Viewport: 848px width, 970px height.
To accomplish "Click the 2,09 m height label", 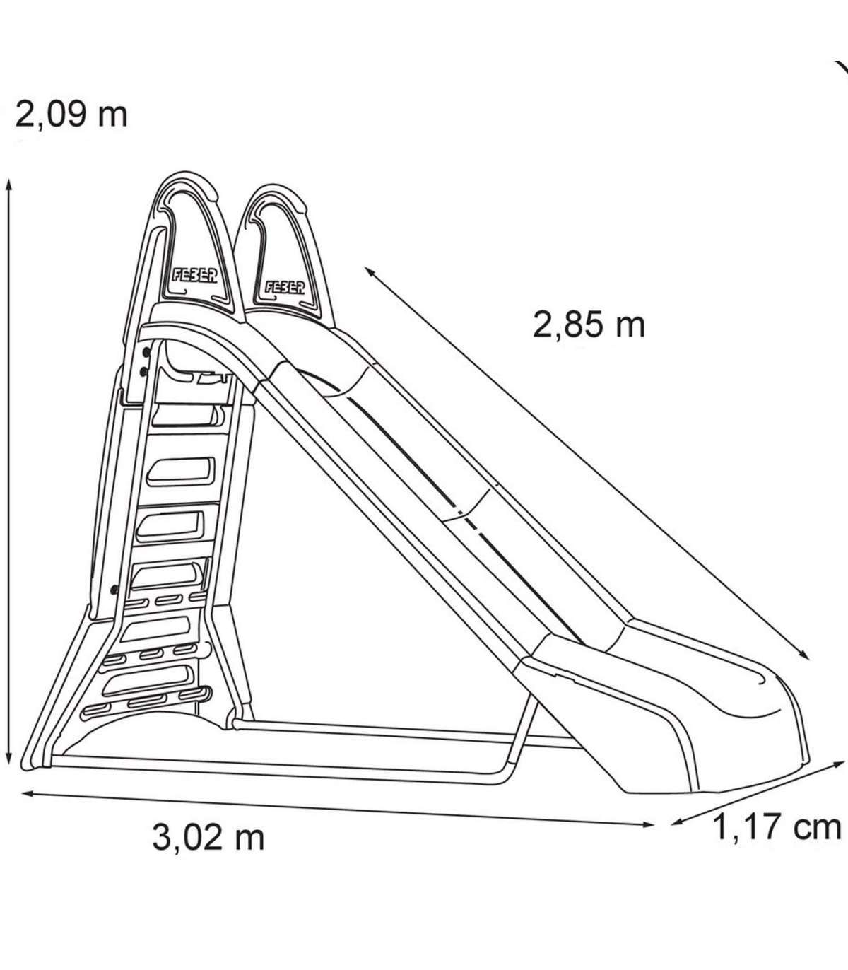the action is [x=71, y=115].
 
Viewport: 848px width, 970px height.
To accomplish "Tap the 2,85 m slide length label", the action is [x=589, y=325].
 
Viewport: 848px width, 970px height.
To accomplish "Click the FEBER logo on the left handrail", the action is [x=194, y=276].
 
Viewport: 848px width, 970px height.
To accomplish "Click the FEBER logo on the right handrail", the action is [x=284, y=287].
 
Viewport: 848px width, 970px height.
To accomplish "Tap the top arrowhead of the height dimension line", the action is [x=8, y=186].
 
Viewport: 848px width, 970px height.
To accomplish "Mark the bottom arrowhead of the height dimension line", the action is [x=8, y=759].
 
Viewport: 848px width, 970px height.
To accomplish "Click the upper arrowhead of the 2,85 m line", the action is [x=370, y=272].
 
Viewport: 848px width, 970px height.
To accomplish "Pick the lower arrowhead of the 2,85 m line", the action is [x=803, y=655].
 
